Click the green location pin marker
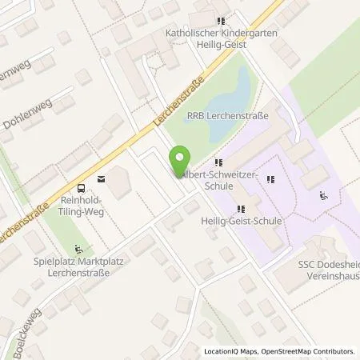182,161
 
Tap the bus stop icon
78,178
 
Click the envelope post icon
100,178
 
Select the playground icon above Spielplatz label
78,247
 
